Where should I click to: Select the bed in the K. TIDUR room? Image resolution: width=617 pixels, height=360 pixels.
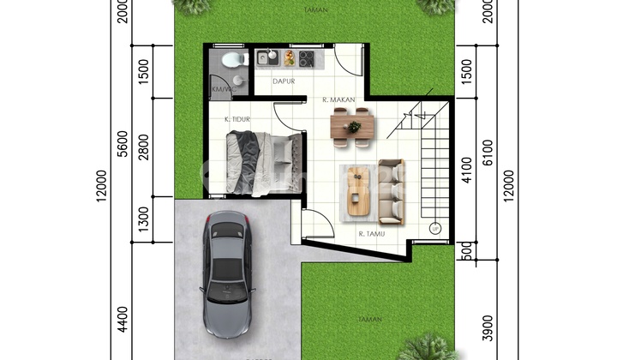click(x=263, y=162)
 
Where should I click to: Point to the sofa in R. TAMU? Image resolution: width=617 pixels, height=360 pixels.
click(x=392, y=189)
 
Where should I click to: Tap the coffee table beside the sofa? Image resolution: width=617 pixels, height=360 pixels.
click(x=358, y=190)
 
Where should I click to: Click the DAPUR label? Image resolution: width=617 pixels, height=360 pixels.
click(x=284, y=82)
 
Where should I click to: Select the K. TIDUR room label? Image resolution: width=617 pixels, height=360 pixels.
click(x=237, y=119)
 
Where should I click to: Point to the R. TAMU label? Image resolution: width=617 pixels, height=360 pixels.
click(x=371, y=232)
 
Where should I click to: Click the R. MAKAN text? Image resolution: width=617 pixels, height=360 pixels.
click(x=339, y=100)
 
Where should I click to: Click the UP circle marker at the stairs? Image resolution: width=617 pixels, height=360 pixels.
click(x=435, y=230)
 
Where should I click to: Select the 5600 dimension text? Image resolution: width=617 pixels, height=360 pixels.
click(x=123, y=148)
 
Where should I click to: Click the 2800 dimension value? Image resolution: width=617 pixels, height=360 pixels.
click(x=145, y=147)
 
